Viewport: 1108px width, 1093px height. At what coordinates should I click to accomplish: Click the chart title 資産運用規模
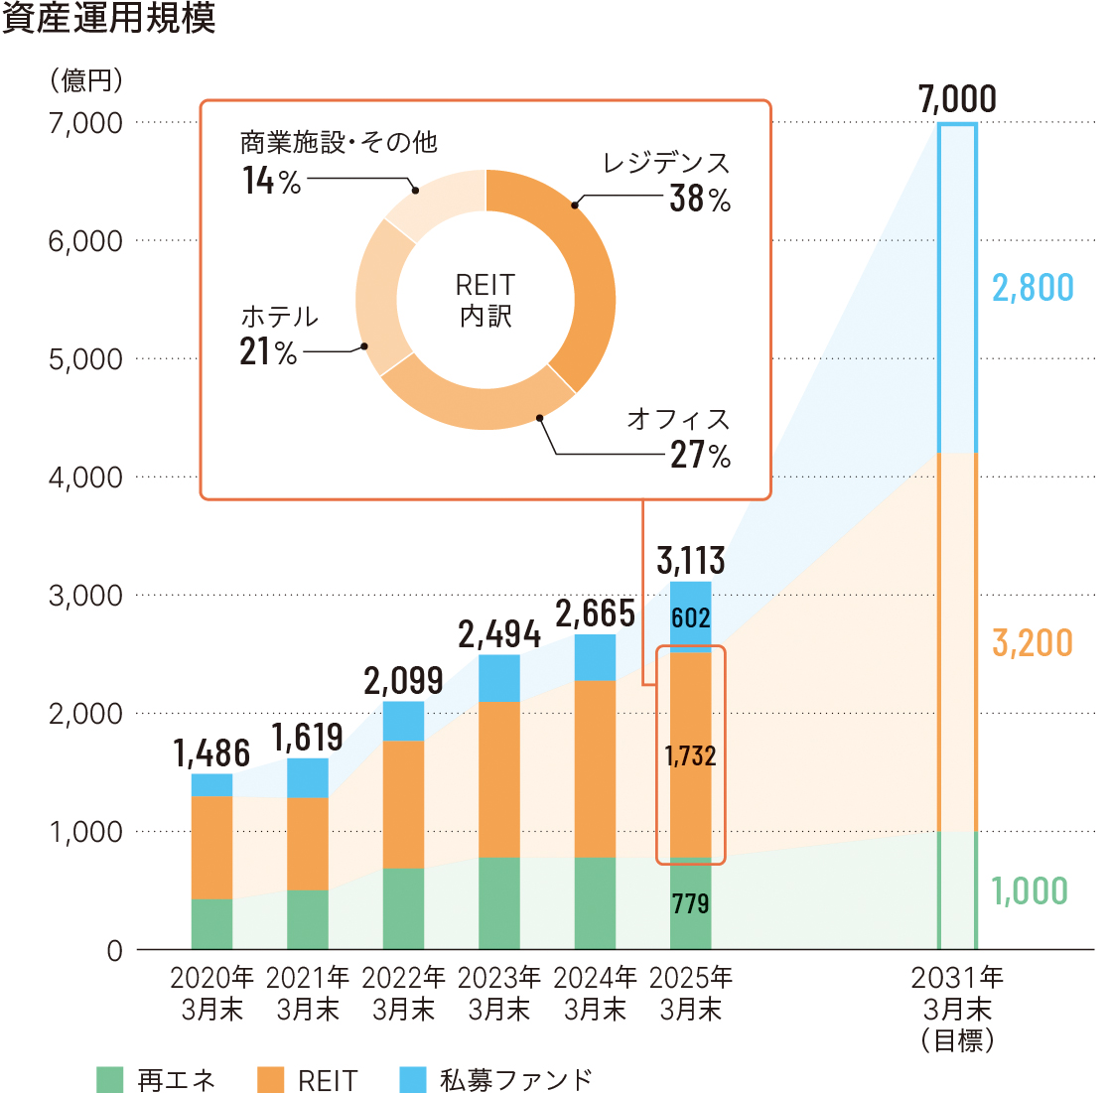coord(108,19)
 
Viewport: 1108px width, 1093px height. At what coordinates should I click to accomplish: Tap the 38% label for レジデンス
coord(700,199)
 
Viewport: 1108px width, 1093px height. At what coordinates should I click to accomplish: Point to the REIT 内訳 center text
coord(485,301)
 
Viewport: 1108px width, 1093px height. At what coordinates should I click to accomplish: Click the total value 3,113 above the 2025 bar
coord(691,561)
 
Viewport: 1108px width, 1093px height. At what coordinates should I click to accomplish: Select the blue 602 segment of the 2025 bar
coord(691,617)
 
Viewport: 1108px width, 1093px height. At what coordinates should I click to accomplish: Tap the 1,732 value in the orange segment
coord(691,756)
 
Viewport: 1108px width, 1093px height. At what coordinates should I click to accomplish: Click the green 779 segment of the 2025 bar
coord(691,903)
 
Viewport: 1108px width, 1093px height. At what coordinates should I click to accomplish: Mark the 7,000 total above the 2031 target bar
coord(957,99)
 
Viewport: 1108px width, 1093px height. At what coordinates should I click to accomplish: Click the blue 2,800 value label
coord(1033,288)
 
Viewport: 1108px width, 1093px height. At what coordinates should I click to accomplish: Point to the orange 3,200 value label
coord(1033,643)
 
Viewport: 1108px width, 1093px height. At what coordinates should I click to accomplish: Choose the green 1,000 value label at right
coord(1031,890)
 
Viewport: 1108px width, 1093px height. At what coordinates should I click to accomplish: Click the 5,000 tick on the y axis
coord(85,359)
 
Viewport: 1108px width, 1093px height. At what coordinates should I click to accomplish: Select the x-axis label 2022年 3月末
coord(404,994)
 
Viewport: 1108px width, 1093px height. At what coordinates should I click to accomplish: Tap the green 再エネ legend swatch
coord(110,1079)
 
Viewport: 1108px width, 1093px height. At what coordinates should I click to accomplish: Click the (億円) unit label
coord(87,79)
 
